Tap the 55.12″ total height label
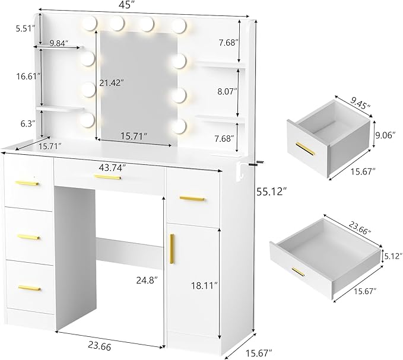(x=271, y=192)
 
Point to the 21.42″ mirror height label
(x=112, y=82)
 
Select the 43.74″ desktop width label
(x=112, y=167)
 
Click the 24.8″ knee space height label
(x=147, y=280)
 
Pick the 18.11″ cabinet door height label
(x=204, y=285)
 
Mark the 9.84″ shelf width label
(x=59, y=43)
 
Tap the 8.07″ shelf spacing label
(x=227, y=92)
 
